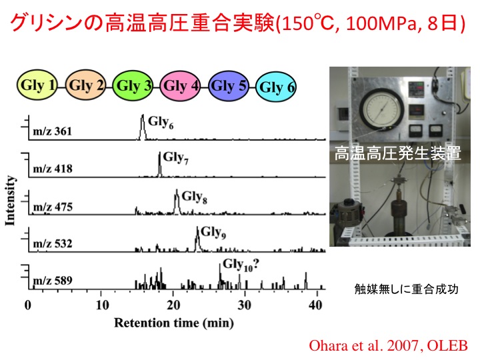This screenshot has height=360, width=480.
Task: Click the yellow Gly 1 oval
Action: coord(37,85)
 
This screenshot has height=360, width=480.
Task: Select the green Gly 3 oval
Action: coord(133,86)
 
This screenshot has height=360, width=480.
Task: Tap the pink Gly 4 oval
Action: coord(181,86)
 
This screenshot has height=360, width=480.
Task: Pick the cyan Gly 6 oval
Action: coord(277,87)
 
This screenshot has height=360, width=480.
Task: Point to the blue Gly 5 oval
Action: coord(229,86)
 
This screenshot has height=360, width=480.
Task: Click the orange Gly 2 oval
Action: coord(86,85)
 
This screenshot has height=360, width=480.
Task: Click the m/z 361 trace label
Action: coord(53,131)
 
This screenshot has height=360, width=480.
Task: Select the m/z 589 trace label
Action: coord(53,281)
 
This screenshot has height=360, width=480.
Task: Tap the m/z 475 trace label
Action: coord(53,207)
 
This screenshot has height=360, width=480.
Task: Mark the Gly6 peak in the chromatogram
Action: coord(143,127)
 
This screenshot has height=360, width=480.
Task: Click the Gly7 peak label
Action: coord(176,158)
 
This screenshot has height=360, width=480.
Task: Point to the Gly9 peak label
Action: coord(213,233)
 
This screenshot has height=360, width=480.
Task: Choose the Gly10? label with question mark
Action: coord(241,265)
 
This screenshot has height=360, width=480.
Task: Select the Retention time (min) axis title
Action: coord(174,323)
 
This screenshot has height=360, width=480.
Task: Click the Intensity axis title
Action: coord(11,201)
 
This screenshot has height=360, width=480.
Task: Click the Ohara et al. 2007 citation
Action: coord(388,346)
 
